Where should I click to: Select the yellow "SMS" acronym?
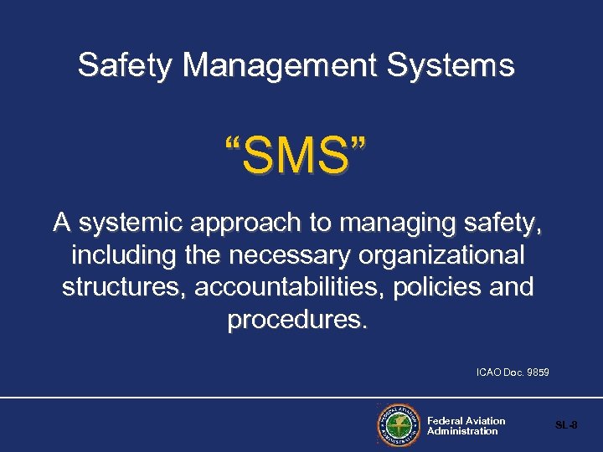click(295, 157)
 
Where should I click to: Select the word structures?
click(124, 286)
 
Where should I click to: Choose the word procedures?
click(297, 319)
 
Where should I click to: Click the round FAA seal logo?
click(398, 425)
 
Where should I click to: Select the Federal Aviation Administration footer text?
click(466, 426)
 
